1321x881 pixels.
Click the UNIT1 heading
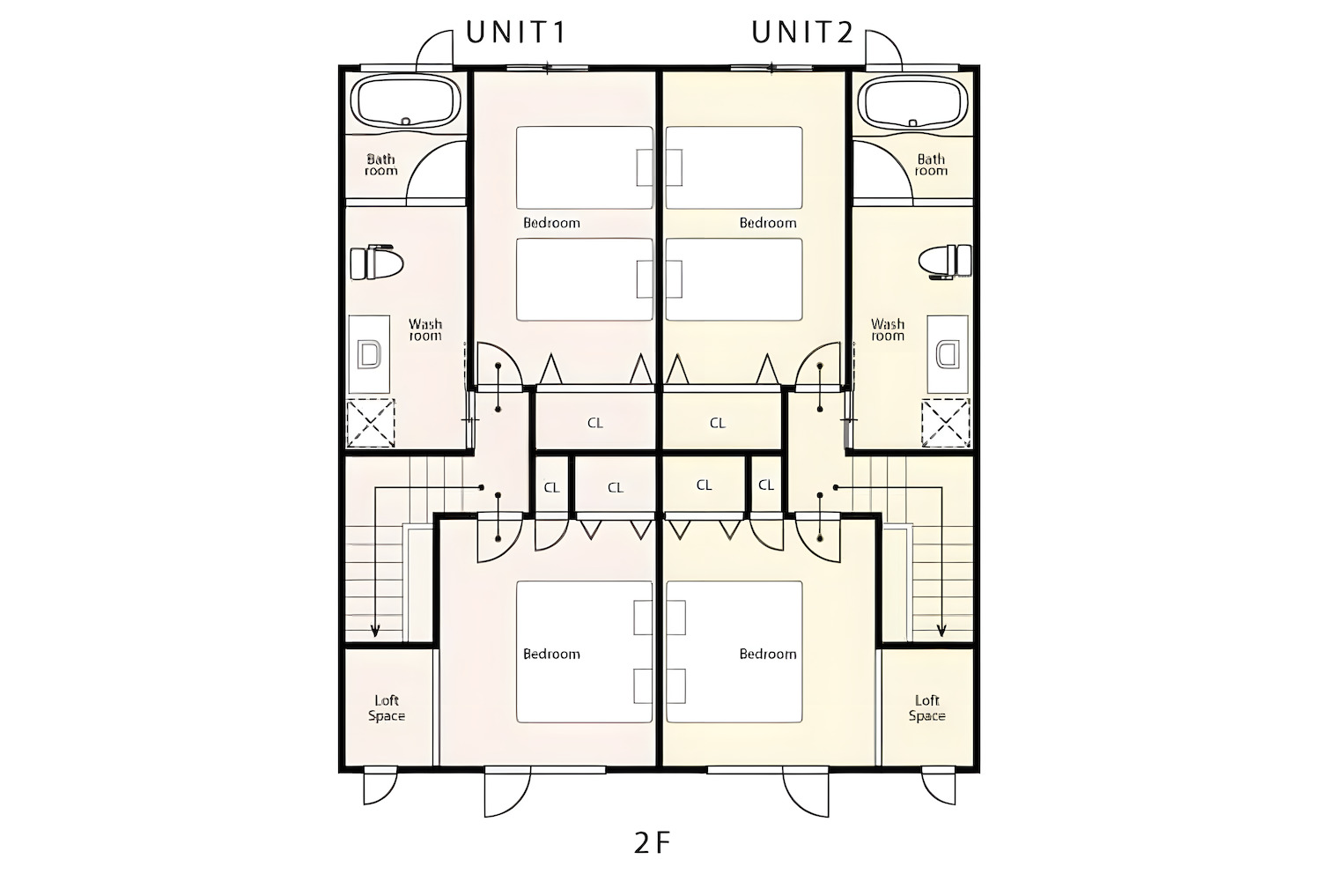tap(516, 33)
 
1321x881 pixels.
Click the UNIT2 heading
tap(802, 33)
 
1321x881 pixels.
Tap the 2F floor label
tap(652, 843)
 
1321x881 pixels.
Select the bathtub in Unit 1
tap(405, 102)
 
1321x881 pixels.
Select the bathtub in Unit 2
tap(913, 102)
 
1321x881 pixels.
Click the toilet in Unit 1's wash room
tap(376, 262)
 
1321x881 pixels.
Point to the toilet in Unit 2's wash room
tap(945, 262)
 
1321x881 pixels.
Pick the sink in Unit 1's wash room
tap(369, 354)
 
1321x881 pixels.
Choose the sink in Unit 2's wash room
tap(948, 354)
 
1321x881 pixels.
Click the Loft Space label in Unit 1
tap(387, 708)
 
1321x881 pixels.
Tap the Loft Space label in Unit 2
tap(926, 708)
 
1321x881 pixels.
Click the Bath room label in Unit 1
tap(381, 165)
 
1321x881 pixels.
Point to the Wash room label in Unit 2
tap(888, 329)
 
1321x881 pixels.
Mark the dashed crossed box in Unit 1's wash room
tap(371, 423)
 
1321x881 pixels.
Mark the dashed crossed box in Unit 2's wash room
tap(946, 423)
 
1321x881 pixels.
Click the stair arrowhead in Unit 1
tap(375, 632)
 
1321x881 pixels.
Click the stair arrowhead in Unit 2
tap(941, 632)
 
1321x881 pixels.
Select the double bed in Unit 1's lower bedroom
tap(585, 652)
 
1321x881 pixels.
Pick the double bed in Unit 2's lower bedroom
tap(734, 652)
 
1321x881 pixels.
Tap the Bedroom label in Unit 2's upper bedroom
tap(768, 223)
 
